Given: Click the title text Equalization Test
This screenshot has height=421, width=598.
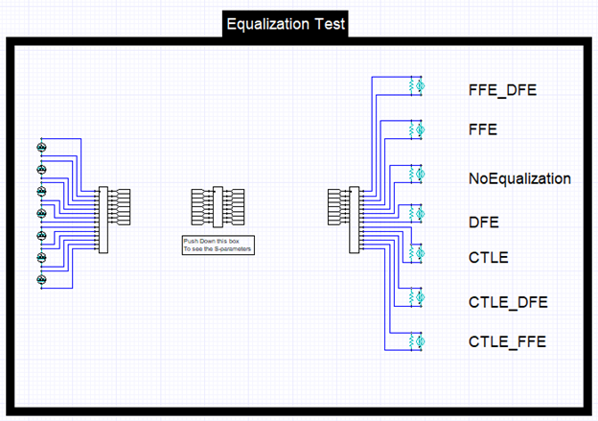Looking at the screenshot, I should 286,24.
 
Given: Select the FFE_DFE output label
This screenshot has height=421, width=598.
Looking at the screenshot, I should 502,90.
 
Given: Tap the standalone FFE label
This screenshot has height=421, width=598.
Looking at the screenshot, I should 482,129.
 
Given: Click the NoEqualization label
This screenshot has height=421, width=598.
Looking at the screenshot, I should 519,178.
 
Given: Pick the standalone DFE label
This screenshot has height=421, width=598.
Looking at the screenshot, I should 483,222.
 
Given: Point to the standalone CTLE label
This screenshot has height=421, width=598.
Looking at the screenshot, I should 488,257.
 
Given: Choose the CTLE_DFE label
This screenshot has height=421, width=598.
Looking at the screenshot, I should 508,302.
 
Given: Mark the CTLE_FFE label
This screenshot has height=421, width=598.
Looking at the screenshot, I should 507,340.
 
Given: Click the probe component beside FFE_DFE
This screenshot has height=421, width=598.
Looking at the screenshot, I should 417,86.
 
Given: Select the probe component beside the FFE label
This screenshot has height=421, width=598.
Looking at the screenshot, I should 417,129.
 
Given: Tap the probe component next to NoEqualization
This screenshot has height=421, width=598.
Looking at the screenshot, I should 417,174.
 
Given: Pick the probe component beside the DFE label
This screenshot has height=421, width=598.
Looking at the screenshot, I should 417,213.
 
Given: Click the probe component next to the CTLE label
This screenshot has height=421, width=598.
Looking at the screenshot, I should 417,253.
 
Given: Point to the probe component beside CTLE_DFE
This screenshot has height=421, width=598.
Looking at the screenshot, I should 417,297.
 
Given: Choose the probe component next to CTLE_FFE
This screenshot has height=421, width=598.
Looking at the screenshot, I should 417,340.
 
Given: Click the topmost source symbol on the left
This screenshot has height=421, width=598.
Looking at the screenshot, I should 41,147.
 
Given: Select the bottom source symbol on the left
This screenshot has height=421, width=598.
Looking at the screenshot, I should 41,280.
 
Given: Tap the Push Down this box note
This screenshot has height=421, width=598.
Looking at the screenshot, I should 218,246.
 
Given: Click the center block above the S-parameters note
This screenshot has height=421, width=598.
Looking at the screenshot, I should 218,206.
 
